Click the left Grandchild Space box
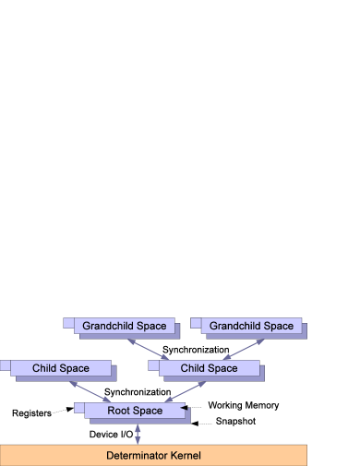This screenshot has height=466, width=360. point(125,326)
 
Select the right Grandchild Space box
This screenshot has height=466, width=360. point(252,326)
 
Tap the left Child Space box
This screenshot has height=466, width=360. point(61,368)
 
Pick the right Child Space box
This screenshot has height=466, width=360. point(209,368)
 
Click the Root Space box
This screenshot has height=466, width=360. point(135,411)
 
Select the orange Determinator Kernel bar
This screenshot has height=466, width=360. point(153,455)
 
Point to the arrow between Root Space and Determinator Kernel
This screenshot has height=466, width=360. point(138,434)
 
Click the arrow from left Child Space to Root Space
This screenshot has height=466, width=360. point(92,390)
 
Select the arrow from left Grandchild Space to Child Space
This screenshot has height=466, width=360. point(147,347)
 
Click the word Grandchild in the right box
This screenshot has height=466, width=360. point(235,326)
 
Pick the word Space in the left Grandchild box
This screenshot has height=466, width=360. point(152,326)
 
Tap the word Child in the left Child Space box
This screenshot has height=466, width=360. point(46,368)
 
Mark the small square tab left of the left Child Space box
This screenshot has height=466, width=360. point(6,365)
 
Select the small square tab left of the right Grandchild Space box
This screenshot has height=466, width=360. point(196,322)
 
